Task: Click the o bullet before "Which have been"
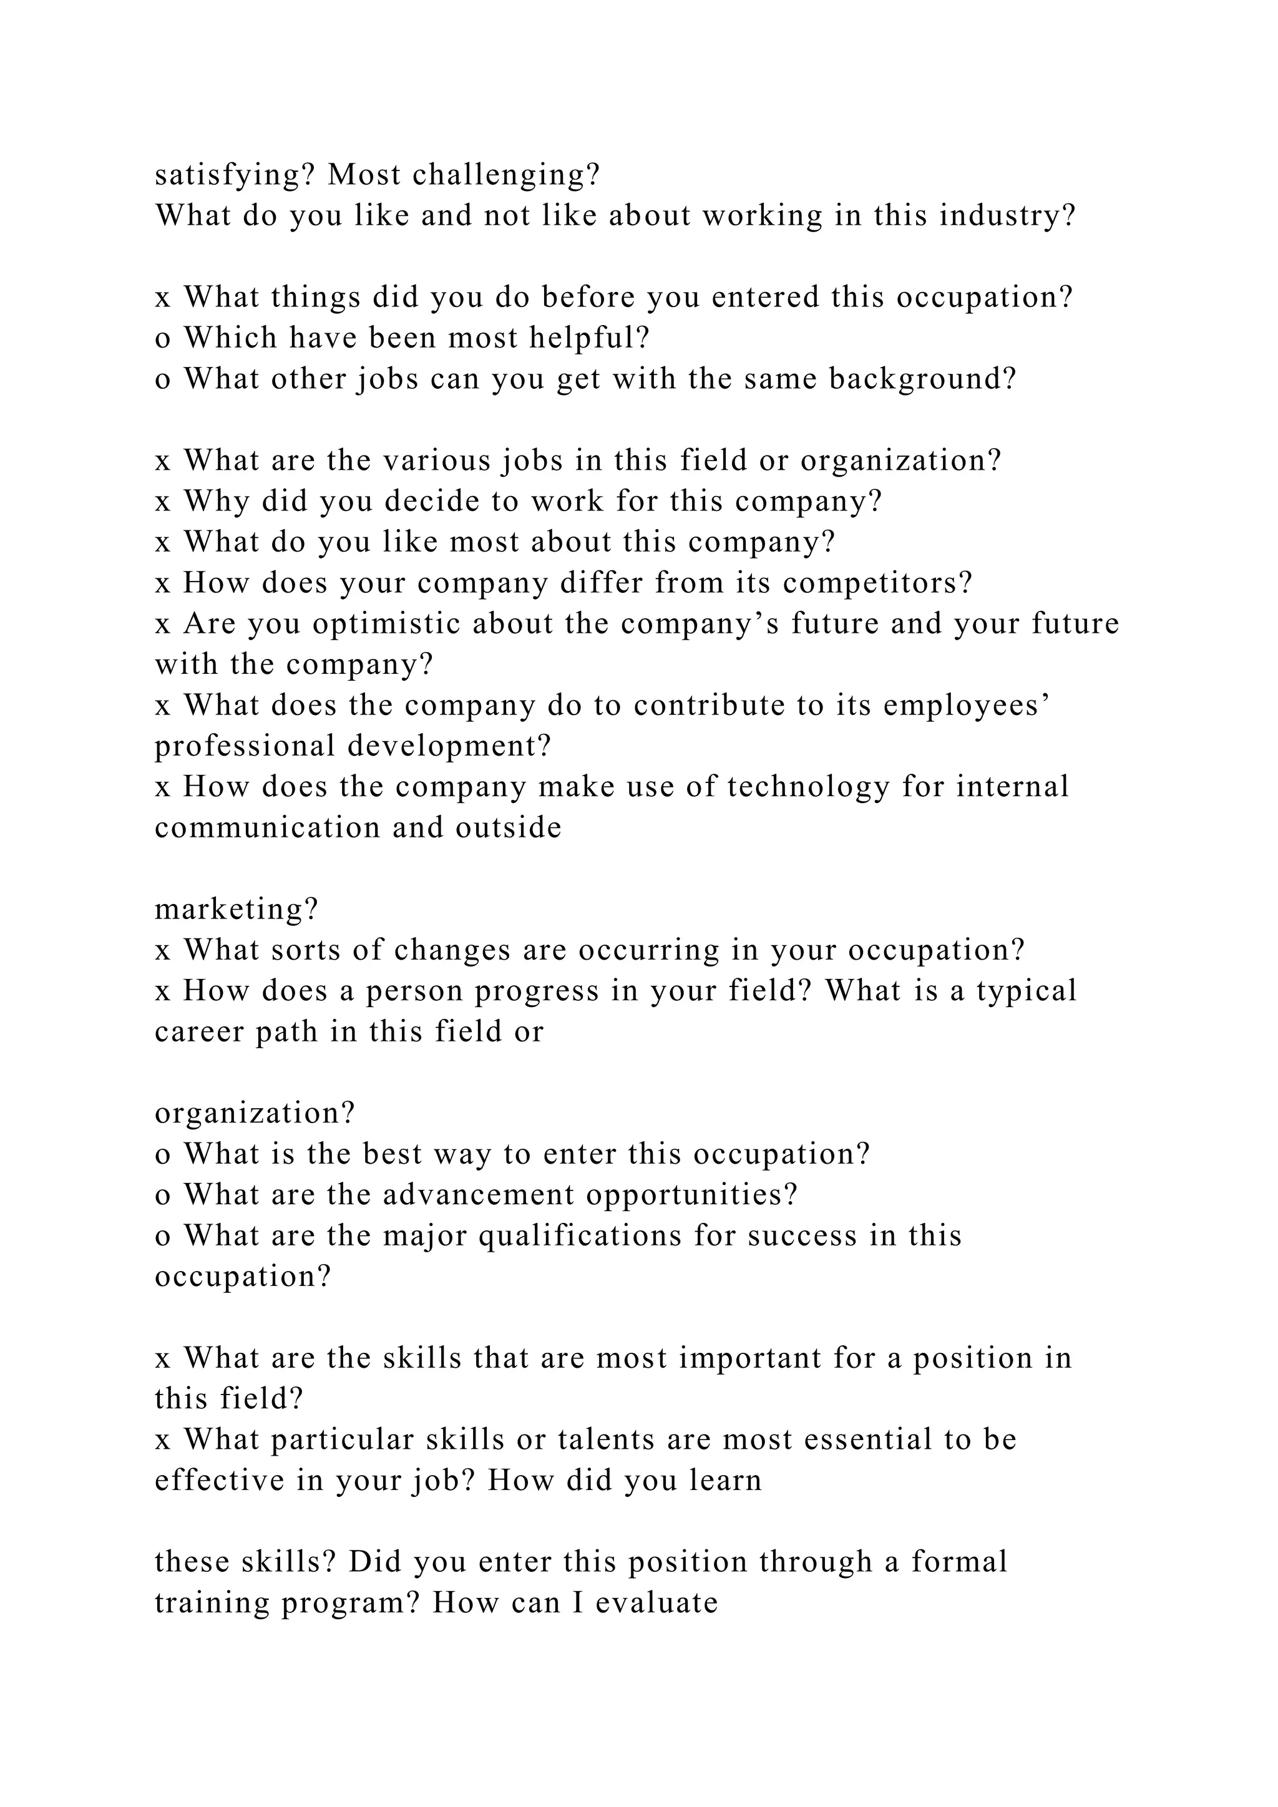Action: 163,338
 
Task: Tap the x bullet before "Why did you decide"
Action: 163,501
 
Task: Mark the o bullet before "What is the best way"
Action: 163,1154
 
